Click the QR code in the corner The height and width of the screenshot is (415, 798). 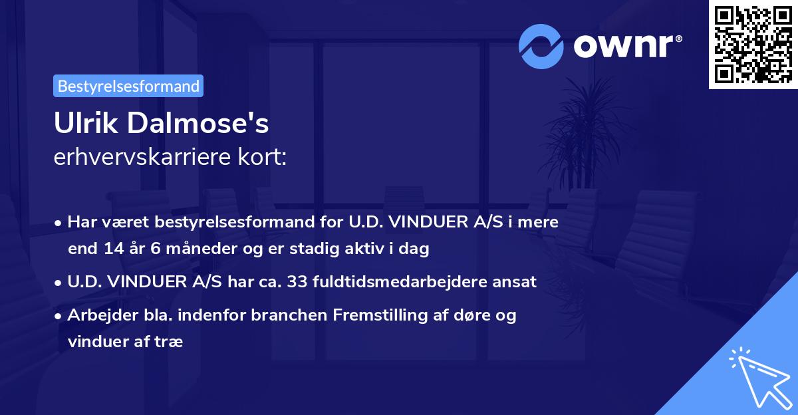click(x=753, y=45)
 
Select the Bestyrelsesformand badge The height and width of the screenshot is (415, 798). click(x=128, y=86)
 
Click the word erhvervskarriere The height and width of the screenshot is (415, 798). click(x=136, y=158)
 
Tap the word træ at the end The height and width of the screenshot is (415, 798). click(x=170, y=341)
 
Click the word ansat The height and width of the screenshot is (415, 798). click(x=518, y=282)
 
